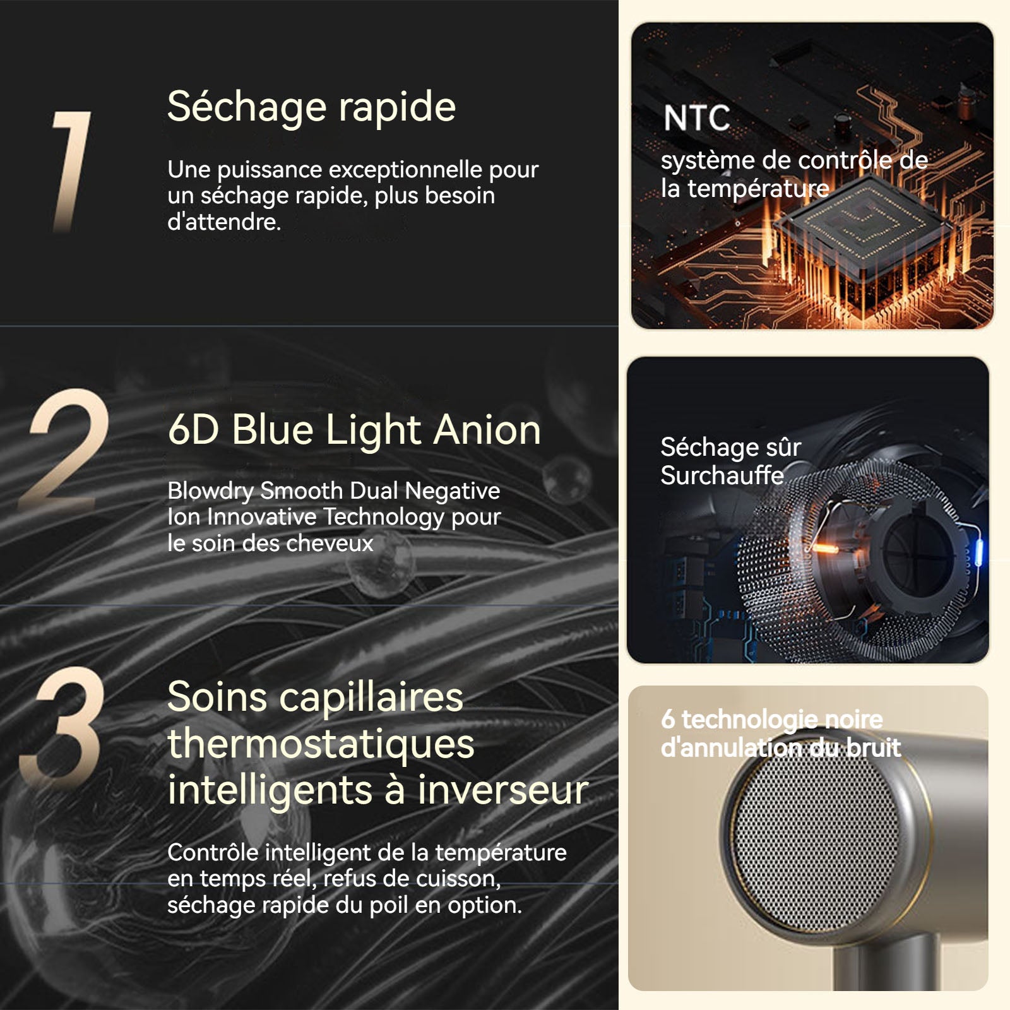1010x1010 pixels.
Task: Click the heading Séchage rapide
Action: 311,107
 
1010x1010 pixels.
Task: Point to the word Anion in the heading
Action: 487,430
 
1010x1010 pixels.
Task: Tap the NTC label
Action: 697,118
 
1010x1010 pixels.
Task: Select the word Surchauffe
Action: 722,475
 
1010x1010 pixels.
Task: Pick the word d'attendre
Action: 224,222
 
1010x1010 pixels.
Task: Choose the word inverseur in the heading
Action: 503,790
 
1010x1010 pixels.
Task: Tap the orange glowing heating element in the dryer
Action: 824,548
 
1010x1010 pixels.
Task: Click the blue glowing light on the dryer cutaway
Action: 979,550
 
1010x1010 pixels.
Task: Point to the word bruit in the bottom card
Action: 874,748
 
